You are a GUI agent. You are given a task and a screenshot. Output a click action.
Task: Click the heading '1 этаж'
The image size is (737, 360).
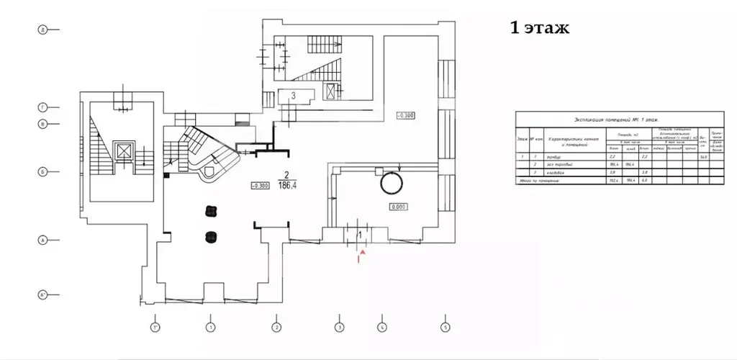(x=539, y=28)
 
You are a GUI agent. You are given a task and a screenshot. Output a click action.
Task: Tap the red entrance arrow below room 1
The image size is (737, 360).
(x=363, y=253)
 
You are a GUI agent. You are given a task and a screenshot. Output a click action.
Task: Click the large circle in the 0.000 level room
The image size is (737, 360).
(x=392, y=184)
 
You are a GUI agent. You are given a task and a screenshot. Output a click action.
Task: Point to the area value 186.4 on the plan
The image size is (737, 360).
(x=288, y=184)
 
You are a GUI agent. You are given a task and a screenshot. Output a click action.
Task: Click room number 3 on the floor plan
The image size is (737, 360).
(x=294, y=95)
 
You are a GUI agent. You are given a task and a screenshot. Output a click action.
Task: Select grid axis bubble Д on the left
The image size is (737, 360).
(x=42, y=30)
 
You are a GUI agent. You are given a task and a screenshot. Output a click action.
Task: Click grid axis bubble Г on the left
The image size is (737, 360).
(x=42, y=107)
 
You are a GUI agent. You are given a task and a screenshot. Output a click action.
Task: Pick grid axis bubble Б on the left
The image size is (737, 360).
(x=42, y=171)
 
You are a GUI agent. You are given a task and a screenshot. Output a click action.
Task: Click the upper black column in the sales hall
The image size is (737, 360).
(x=212, y=210)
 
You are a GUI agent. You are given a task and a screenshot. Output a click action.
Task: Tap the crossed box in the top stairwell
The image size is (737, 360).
(x=330, y=91)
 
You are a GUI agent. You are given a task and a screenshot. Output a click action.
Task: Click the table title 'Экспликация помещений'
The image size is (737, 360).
(x=620, y=122)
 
